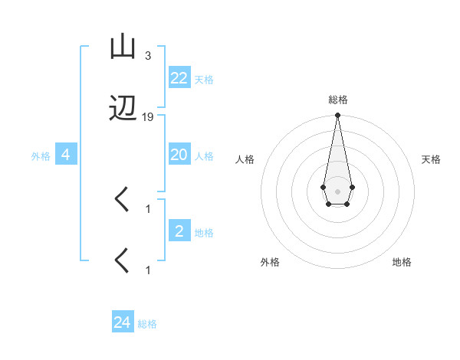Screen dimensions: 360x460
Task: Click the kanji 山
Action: pos(122,48)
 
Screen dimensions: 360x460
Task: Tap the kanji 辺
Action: pos(122,110)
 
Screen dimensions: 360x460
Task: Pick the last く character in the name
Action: pos(122,261)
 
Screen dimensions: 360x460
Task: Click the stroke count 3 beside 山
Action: pos(148,56)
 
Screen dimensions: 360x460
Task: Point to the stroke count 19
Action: pos(148,117)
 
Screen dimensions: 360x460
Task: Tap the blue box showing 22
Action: pos(179,78)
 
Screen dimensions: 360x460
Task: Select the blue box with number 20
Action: pos(179,155)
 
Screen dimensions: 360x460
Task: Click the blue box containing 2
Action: pos(179,231)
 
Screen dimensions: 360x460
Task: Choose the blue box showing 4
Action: pos(66,155)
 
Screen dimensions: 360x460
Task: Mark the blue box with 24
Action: pos(123,322)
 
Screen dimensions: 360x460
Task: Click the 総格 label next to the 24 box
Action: pos(147,324)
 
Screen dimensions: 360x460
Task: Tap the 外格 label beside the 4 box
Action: pos(41,156)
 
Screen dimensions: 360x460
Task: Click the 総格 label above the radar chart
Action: pos(338,100)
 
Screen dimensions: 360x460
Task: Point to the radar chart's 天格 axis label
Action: pos(432,159)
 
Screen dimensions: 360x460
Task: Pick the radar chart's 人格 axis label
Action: pos(245,159)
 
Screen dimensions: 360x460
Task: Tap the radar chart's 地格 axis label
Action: pos(402,263)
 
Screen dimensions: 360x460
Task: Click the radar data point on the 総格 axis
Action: pos(337,116)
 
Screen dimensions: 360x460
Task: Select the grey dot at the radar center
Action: pos(337,190)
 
